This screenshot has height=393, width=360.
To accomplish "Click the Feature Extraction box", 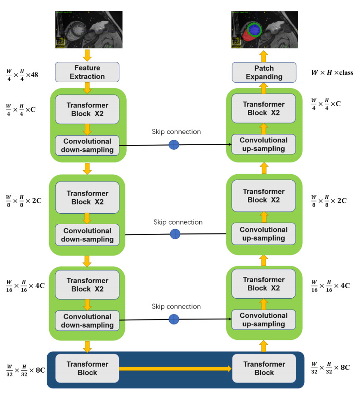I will pyautogui.click(x=87, y=72).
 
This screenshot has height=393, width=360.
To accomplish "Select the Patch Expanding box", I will pyautogui.click(x=264, y=72).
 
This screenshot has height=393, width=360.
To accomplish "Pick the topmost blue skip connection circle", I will pyautogui.click(x=174, y=145).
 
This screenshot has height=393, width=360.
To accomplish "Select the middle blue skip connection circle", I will pyautogui.click(x=175, y=234).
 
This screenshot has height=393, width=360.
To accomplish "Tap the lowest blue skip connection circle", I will pyautogui.click(x=174, y=319).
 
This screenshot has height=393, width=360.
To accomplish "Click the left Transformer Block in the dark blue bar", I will pyautogui.click(x=87, y=368).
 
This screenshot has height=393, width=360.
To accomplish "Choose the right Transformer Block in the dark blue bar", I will pyautogui.click(x=264, y=368).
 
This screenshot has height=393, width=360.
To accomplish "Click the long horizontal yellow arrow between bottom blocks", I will pyautogui.click(x=175, y=368).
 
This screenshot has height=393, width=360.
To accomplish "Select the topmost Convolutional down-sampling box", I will pyautogui.click(x=87, y=145).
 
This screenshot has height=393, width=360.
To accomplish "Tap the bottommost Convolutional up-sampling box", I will pyautogui.click(x=264, y=320).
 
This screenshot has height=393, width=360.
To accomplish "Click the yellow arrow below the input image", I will pyautogui.click(x=87, y=55).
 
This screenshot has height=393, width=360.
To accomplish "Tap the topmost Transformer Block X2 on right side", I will pyautogui.click(x=264, y=109).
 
